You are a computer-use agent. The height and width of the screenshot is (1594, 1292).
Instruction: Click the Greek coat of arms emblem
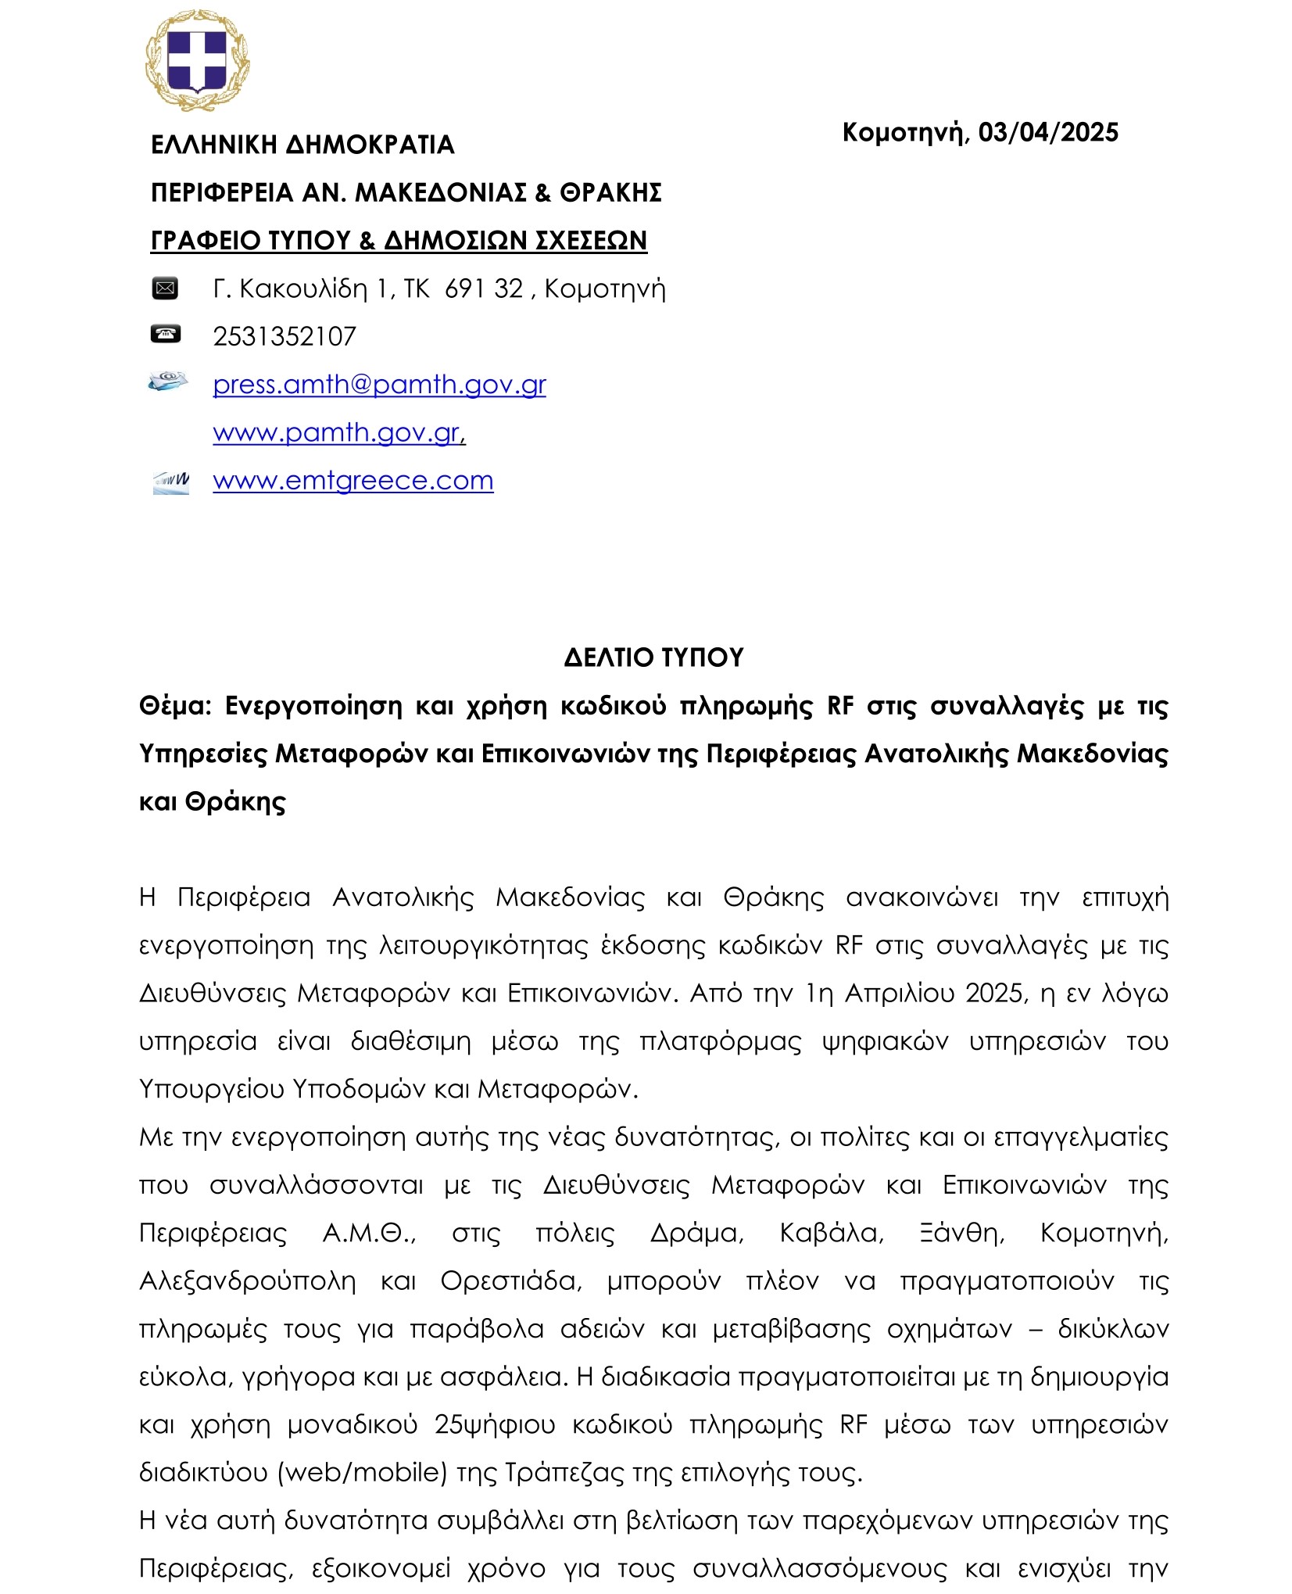coord(196,60)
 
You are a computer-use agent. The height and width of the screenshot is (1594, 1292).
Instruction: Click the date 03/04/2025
coord(1047,132)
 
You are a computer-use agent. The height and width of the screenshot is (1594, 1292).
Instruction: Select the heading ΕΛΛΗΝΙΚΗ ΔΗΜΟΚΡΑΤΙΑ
coord(302,145)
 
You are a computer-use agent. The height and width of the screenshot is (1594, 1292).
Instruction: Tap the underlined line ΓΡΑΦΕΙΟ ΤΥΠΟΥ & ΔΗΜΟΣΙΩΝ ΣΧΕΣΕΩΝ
coord(399,240)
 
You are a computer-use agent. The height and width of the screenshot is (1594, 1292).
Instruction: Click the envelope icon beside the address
coord(165,288)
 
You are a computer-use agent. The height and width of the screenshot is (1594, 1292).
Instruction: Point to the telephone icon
coord(165,335)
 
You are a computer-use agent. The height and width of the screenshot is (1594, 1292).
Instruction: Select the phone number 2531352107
coord(285,336)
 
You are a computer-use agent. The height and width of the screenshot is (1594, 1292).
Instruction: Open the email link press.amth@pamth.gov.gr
coord(379,384)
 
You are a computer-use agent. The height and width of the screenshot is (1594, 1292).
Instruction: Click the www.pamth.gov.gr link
coord(338,432)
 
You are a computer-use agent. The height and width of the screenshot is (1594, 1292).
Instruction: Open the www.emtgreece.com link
coord(353,480)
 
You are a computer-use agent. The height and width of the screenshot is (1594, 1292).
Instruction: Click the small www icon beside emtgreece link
coord(171,482)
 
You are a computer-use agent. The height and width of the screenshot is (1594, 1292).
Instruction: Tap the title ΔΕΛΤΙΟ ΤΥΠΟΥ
coord(653,657)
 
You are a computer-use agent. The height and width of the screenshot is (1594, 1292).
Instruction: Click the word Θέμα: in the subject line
coord(175,706)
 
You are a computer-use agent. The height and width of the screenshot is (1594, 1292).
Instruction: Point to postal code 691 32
coord(483,288)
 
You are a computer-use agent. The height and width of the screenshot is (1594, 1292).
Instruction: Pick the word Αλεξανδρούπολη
coord(247,1281)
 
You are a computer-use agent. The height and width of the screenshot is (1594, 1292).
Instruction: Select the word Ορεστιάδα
coord(511,1281)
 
